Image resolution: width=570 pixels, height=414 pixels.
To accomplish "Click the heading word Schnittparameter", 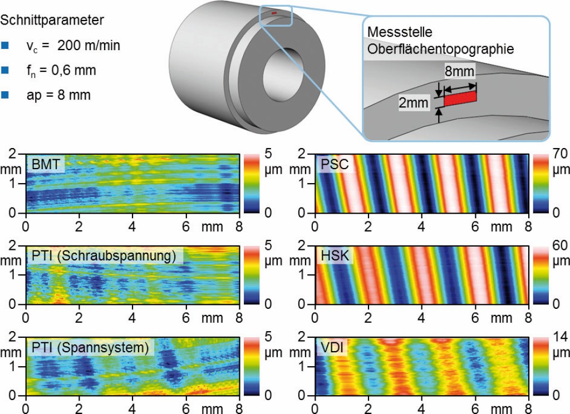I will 52,21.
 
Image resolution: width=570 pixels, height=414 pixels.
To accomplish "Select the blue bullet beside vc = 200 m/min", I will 6,46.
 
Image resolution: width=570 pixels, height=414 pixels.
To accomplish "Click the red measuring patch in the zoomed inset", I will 460,98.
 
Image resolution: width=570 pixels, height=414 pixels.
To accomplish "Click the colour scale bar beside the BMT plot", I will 249,183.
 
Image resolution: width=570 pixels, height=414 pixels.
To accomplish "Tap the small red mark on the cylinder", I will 274,12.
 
